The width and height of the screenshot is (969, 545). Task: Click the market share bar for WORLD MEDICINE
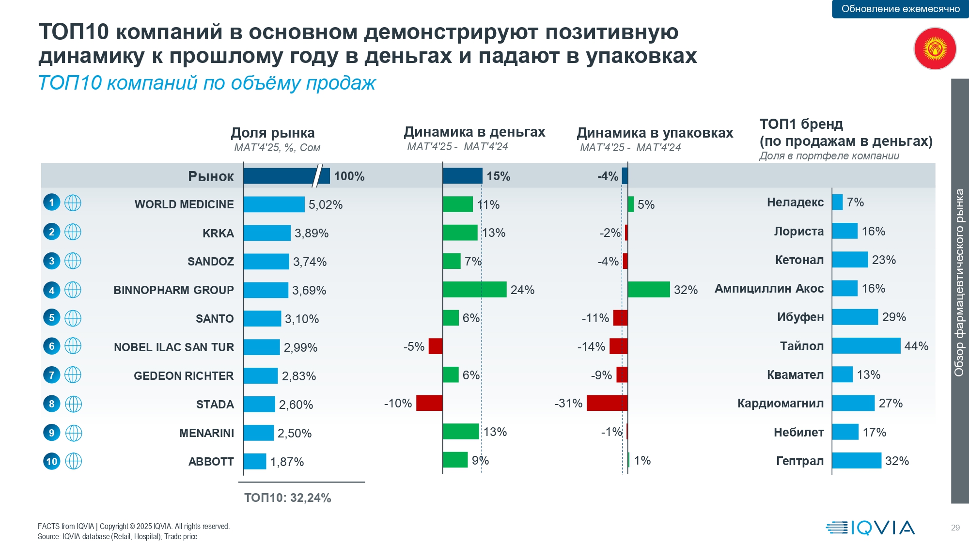pyautogui.click(x=274, y=204)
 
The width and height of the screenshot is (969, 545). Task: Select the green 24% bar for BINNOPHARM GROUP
pyautogui.click(x=474, y=290)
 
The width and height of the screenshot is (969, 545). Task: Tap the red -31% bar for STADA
pyautogui.click(x=607, y=403)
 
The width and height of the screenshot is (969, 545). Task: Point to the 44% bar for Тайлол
pyautogui.click(x=866, y=346)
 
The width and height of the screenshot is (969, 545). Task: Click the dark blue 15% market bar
pyautogui.click(x=463, y=176)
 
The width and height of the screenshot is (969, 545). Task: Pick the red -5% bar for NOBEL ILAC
pyautogui.click(x=436, y=346)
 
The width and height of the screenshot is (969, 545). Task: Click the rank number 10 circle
pyautogui.click(x=52, y=461)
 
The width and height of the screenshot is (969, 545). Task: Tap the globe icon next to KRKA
pyautogui.click(x=73, y=232)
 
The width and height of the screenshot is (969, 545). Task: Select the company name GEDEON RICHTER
pyautogui.click(x=184, y=376)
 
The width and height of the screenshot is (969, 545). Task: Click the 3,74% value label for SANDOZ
pyautogui.click(x=310, y=262)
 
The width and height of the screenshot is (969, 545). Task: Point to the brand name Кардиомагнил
pyautogui.click(x=781, y=404)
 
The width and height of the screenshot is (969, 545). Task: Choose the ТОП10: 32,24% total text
pyautogui.click(x=288, y=498)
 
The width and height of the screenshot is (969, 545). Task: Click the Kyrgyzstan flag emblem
pyautogui.click(x=935, y=48)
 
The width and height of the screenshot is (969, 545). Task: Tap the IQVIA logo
pyautogui.click(x=870, y=528)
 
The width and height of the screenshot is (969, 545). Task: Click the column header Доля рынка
pyautogui.click(x=273, y=133)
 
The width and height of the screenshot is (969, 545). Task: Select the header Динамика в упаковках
pyautogui.click(x=655, y=133)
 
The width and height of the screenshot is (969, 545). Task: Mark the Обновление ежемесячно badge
pyautogui.click(x=900, y=9)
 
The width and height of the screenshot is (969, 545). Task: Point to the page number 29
pyautogui.click(x=955, y=528)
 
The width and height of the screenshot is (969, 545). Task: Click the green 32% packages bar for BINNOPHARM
pyautogui.click(x=649, y=290)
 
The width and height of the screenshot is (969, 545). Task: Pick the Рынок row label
pyautogui.click(x=211, y=176)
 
